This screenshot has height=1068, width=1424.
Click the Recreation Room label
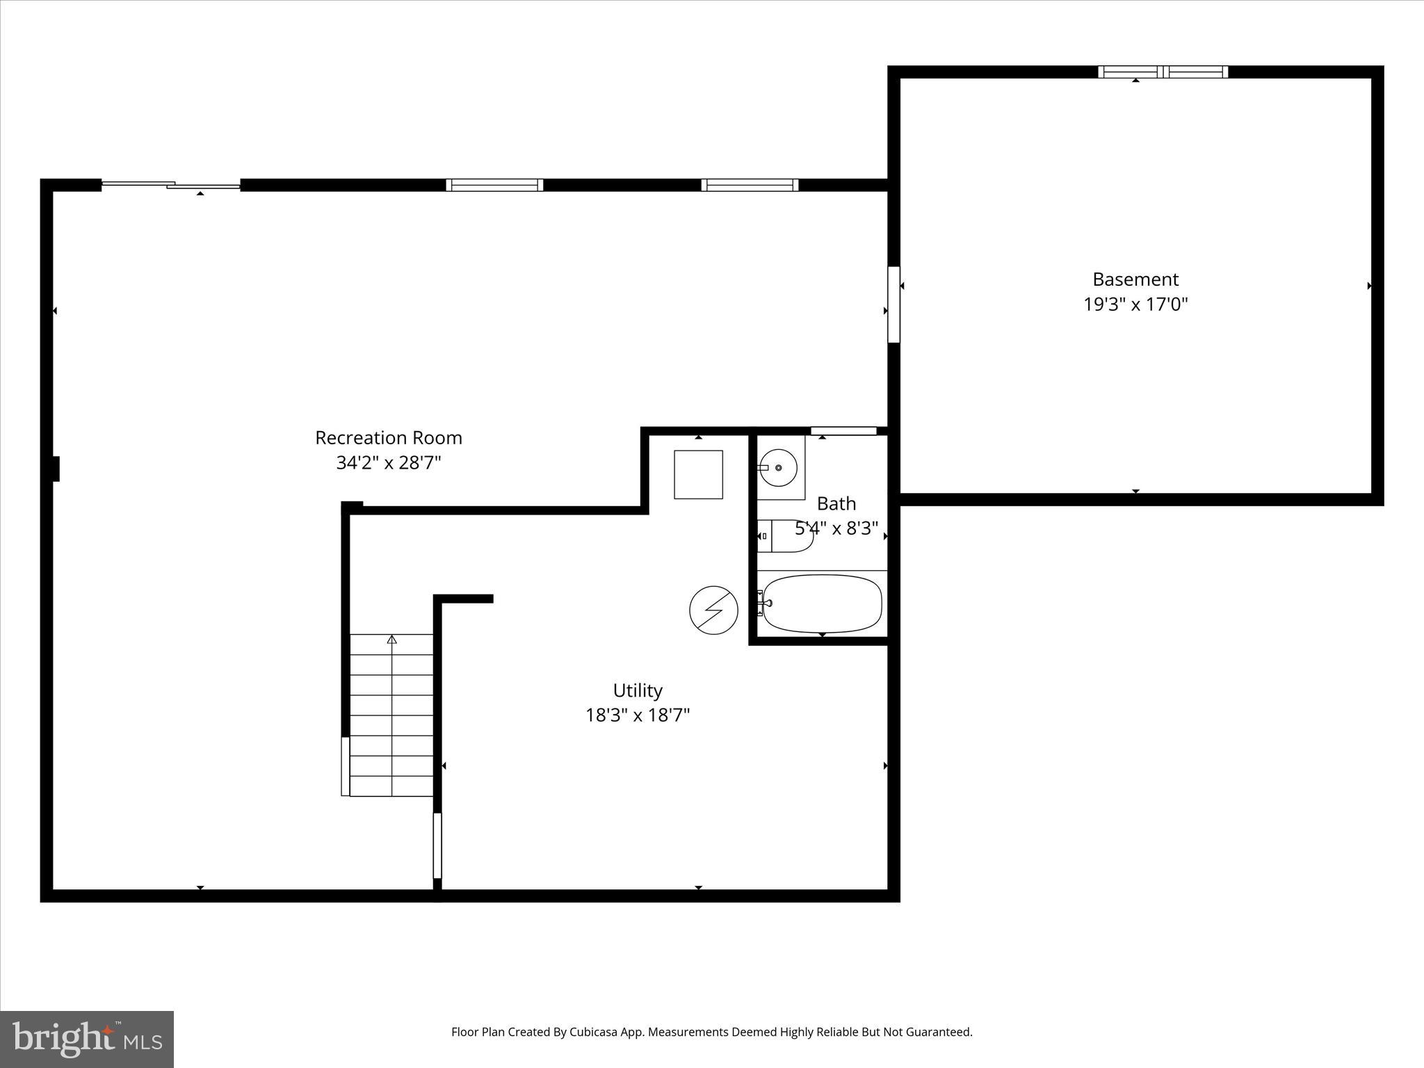coord(388,438)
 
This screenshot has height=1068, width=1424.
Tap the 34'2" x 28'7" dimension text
coord(389,463)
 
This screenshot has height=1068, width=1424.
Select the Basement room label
coord(1135,280)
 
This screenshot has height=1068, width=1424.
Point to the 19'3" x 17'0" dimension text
coord(1135,305)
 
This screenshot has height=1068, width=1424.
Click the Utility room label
coord(638,690)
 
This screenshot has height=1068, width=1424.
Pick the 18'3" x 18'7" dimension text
coord(638,715)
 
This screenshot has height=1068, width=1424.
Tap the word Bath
coord(836,503)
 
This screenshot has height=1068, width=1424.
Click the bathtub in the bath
coord(822,603)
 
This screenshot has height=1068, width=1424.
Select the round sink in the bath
coord(778,468)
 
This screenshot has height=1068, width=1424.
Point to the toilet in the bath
coord(785,536)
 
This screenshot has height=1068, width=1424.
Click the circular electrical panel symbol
coord(713,610)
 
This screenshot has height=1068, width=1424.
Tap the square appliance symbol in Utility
coord(698,475)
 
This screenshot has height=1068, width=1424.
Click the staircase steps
coord(391,715)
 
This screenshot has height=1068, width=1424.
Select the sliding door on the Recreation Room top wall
coord(171,185)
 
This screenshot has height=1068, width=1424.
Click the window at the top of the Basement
coord(1163,72)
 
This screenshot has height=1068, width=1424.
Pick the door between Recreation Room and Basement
coord(893,305)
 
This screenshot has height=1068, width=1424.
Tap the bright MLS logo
coord(87,1039)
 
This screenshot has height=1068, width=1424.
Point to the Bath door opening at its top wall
coord(843,431)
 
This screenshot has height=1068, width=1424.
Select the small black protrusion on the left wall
coord(56,469)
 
